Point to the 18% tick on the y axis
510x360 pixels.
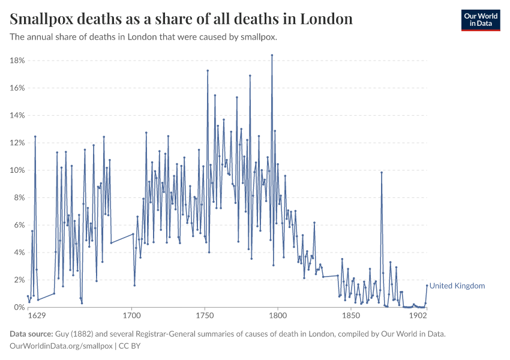tap(16, 61)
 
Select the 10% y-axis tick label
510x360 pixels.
tap(16, 170)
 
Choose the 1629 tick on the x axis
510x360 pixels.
tap(37, 315)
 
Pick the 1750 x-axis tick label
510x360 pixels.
tap(205, 315)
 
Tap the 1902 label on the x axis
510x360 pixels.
tap(418, 315)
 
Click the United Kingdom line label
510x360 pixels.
tap(457, 286)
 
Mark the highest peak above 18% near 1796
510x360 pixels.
tap(272, 55)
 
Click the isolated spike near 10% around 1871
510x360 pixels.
tap(381, 172)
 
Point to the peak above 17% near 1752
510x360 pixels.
tap(208, 71)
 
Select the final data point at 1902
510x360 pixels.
tap(427, 286)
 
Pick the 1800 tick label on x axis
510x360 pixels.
tap(278, 315)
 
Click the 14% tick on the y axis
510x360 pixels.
tap(16, 115)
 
